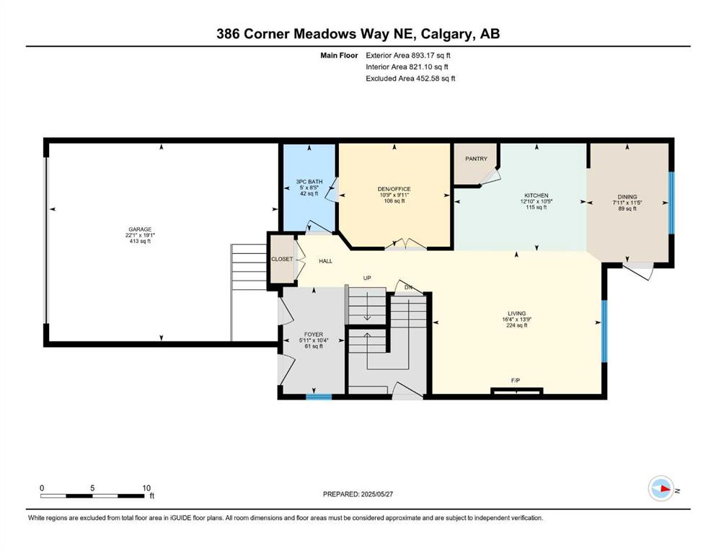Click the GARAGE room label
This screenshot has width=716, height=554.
pos(140,229)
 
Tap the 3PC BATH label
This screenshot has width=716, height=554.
pos(309,182)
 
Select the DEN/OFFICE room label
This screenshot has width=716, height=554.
pos(394,189)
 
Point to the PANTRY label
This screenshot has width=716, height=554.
pos(477,159)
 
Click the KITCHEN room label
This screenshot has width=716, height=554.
pos(536,195)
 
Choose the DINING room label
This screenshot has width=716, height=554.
pos(627,197)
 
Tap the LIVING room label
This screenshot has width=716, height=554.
pos(517,314)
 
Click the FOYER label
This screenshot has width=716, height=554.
pos(314,335)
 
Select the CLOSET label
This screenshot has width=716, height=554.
pos(282,259)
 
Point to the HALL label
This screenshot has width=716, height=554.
pos(326,261)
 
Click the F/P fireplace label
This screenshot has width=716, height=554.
pos(516,380)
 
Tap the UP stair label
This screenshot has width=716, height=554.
pos(367,278)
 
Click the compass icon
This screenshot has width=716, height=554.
pos(661,488)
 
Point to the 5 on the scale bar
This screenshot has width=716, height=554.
pos(92,488)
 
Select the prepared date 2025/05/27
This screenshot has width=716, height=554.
pos(376,494)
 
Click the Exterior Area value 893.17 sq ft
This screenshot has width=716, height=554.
pos(431,56)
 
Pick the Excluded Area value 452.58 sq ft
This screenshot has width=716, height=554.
pos(436,79)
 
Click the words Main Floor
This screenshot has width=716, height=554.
pos(339,56)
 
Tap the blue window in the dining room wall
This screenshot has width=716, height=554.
pos(671,203)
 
